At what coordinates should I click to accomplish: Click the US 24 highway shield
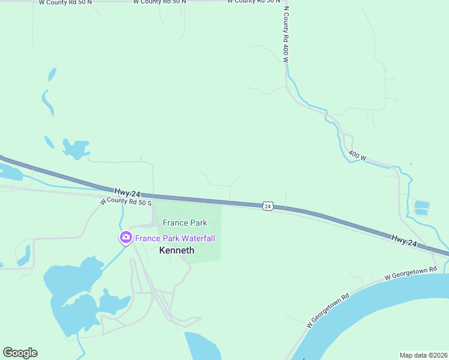click(x=268, y=206)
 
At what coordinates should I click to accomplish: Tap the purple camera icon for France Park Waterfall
click(x=126, y=238)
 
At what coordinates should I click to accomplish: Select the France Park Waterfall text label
click(x=175, y=238)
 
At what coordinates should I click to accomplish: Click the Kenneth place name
click(x=176, y=250)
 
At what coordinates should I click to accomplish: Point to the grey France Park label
click(x=185, y=223)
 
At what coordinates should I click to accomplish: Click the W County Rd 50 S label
click(x=126, y=202)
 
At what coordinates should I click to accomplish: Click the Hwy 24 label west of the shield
click(x=128, y=193)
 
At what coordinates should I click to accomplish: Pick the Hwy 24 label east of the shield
click(x=403, y=239)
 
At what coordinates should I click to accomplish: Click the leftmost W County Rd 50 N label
click(x=65, y=2)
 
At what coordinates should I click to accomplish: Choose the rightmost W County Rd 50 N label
click(x=253, y=2)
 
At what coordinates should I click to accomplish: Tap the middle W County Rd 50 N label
click(x=159, y=2)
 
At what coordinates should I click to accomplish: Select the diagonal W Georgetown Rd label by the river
click(x=328, y=310)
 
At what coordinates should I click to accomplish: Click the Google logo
click(x=20, y=353)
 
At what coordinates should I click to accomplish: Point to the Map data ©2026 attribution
click(x=423, y=355)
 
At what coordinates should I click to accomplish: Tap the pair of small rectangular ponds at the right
click(x=422, y=208)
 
